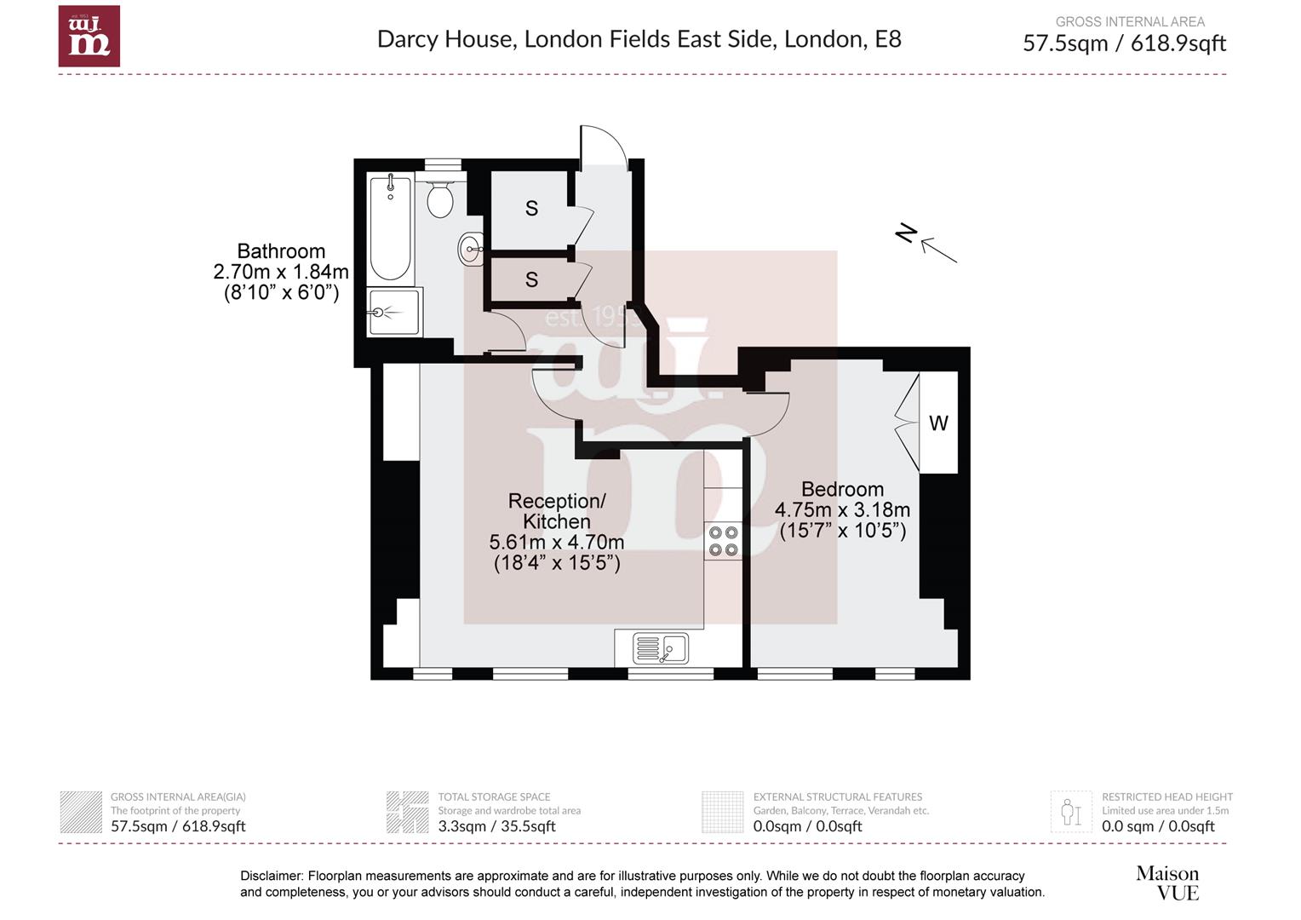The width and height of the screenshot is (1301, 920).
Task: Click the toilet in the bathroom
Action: coord(439,199)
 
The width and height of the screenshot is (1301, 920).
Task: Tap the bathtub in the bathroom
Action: coord(391,227)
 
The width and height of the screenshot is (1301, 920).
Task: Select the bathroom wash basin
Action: coord(471,250)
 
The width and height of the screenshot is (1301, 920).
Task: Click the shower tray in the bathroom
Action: coord(393,313)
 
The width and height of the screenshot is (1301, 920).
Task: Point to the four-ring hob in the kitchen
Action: coord(723,541)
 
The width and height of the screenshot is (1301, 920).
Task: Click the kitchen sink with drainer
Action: coord(661,649)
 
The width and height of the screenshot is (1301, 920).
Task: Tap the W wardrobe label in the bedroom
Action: coord(938,423)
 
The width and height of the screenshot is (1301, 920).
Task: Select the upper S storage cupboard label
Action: coord(531,209)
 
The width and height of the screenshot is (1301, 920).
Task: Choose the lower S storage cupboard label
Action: coord(531,279)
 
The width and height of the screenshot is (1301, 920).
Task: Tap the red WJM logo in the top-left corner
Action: coord(89,37)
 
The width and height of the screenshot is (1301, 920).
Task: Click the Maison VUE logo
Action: coord(1167,883)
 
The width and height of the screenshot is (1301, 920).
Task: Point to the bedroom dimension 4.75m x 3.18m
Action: coord(842,510)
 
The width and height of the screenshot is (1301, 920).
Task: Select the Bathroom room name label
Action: coord(281,251)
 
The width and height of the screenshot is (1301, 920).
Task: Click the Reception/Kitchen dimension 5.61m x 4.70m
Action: coord(556,543)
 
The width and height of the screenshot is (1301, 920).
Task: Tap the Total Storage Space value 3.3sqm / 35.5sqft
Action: coord(496,826)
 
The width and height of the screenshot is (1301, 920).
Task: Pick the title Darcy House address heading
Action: coord(639,39)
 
